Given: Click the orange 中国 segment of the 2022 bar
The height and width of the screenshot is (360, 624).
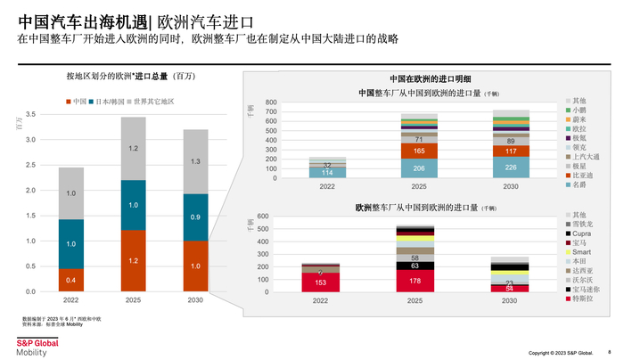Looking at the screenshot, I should pos(71,280).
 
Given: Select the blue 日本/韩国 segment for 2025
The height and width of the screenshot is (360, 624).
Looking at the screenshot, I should pos(133,205).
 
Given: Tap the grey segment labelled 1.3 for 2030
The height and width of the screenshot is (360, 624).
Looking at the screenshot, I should pos(195,161).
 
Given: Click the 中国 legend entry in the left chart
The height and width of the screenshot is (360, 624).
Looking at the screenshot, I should pos(77,102).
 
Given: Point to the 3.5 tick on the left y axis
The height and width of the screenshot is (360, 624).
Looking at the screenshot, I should pos(30,114).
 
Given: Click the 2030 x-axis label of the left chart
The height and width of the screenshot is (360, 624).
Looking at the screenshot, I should pos(195,300).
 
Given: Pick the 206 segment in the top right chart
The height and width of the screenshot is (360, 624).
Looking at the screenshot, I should pos(418,168).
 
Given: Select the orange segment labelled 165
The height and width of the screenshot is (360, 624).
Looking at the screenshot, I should pos(418,151).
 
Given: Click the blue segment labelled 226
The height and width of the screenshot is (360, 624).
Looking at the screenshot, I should pos(510,168).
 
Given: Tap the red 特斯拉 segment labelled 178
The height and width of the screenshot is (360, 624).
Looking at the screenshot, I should pos(415,281).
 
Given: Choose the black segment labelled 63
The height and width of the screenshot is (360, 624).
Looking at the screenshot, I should pos(415,266).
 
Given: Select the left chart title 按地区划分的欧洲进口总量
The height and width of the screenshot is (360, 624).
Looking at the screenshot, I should pos(130,77).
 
